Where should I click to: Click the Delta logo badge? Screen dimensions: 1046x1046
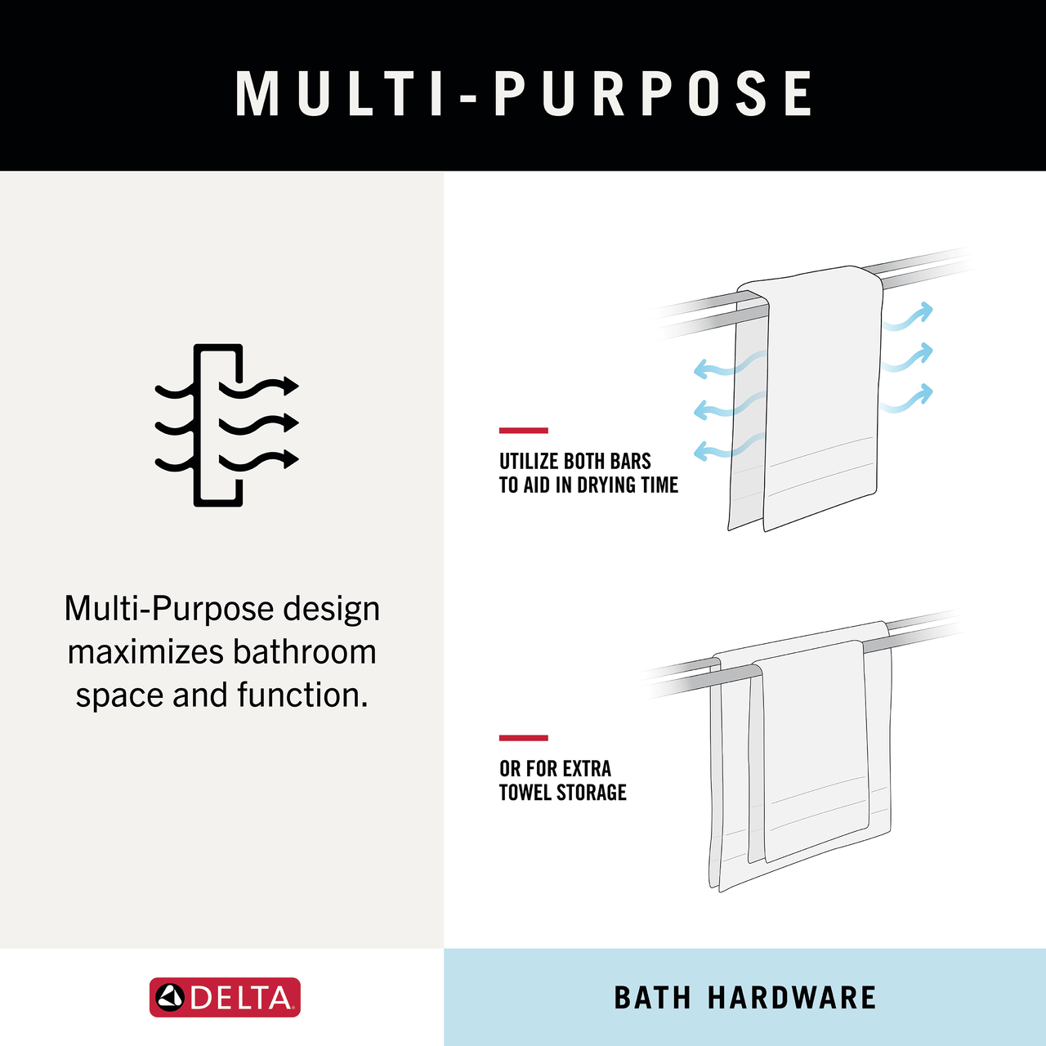click(x=225, y=997)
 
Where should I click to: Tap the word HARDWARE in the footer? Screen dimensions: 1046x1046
click(x=792, y=998)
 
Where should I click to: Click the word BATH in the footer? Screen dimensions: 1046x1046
click(x=652, y=998)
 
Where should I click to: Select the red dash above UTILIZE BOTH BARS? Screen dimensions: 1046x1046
click(x=523, y=431)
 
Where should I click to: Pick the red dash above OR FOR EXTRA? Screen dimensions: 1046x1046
click(x=523, y=738)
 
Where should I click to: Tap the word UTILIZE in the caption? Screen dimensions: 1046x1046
click(x=529, y=462)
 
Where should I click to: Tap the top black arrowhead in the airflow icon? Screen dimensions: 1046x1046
click(x=291, y=386)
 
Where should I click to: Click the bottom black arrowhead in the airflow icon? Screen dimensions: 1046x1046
click(x=291, y=458)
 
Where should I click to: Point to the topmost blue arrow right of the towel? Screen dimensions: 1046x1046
click(x=908, y=316)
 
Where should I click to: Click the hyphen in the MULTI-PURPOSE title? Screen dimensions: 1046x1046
click(x=467, y=98)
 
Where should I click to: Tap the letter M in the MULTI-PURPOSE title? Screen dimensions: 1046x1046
click(x=257, y=93)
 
